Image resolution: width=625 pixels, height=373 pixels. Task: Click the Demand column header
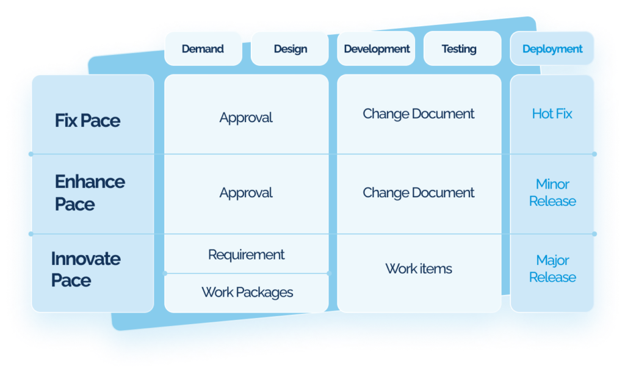[x=203, y=49]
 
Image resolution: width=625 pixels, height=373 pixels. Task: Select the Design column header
[x=290, y=49]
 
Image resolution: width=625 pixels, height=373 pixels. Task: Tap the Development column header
[x=377, y=49]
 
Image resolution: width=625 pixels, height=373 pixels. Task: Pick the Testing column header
[x=459, y=49]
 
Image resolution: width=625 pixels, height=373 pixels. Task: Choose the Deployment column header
[x=552, y=49]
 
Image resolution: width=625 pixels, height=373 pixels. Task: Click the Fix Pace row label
[x=87, y=120]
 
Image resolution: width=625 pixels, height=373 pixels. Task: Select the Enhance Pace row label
[x=90, y=193]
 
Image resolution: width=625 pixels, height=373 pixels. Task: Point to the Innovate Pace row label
[x=85, y=269]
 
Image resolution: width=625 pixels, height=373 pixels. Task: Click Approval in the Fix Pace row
[x=246, y=118]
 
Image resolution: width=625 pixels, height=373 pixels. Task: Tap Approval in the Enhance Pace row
[x=246, y=193]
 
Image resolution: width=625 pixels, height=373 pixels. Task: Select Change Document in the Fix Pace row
[x=418, y=114]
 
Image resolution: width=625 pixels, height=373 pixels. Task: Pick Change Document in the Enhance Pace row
[x=418, y=193]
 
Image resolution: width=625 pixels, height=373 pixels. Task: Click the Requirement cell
[x=246, y=255]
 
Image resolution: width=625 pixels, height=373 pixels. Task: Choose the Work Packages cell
[x=247, y=292]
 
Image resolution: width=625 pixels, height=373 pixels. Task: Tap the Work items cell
[x=419, y=269]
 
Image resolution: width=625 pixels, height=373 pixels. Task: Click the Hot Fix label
[x=552, y=114]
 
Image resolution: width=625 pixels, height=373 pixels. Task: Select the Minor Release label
[x=552, y=192]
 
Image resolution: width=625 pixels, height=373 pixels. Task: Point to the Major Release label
[x=552, y=269]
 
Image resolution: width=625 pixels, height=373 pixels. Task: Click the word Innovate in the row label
[x=85, y=259]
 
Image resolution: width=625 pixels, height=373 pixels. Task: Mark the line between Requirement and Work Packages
[x=247, y=273]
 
